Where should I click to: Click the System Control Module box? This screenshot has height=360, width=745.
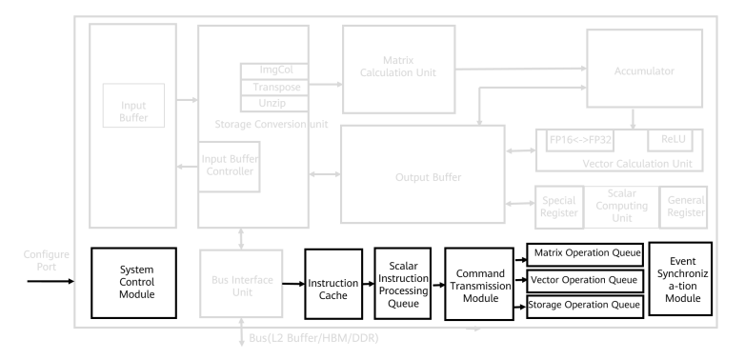click(133, 283)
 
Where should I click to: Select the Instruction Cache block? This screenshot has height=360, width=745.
click(333, 284)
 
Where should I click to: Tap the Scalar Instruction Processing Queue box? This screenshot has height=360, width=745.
click(403, 284)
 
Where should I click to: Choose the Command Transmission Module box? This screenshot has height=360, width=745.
click(479, 284)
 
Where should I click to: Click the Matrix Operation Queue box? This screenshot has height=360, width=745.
click(585, 254)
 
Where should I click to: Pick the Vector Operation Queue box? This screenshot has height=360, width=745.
click(585, 281)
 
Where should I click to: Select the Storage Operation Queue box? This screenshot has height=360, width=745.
click(585, 307)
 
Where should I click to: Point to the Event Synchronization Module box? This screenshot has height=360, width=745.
click(680, 279)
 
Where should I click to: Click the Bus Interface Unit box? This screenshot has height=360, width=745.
click(241, 284)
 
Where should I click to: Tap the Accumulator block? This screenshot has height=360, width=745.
click(644, 69)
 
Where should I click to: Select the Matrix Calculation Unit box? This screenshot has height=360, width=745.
click(398, 70)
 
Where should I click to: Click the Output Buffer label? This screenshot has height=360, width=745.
click(428, 177)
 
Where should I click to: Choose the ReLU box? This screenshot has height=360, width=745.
click(671, 140)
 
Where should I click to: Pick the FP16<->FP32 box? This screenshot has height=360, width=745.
click(580, 140)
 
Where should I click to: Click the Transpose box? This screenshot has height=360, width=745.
click(274, 88)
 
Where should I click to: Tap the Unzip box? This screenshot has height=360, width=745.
click(274, 104)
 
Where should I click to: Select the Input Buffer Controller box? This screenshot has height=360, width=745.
click(229, 167)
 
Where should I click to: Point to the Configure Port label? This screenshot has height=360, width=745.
click(47, 261)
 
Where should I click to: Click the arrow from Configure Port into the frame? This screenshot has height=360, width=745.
click(50, 281)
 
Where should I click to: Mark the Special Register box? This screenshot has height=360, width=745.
click(559, 207)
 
